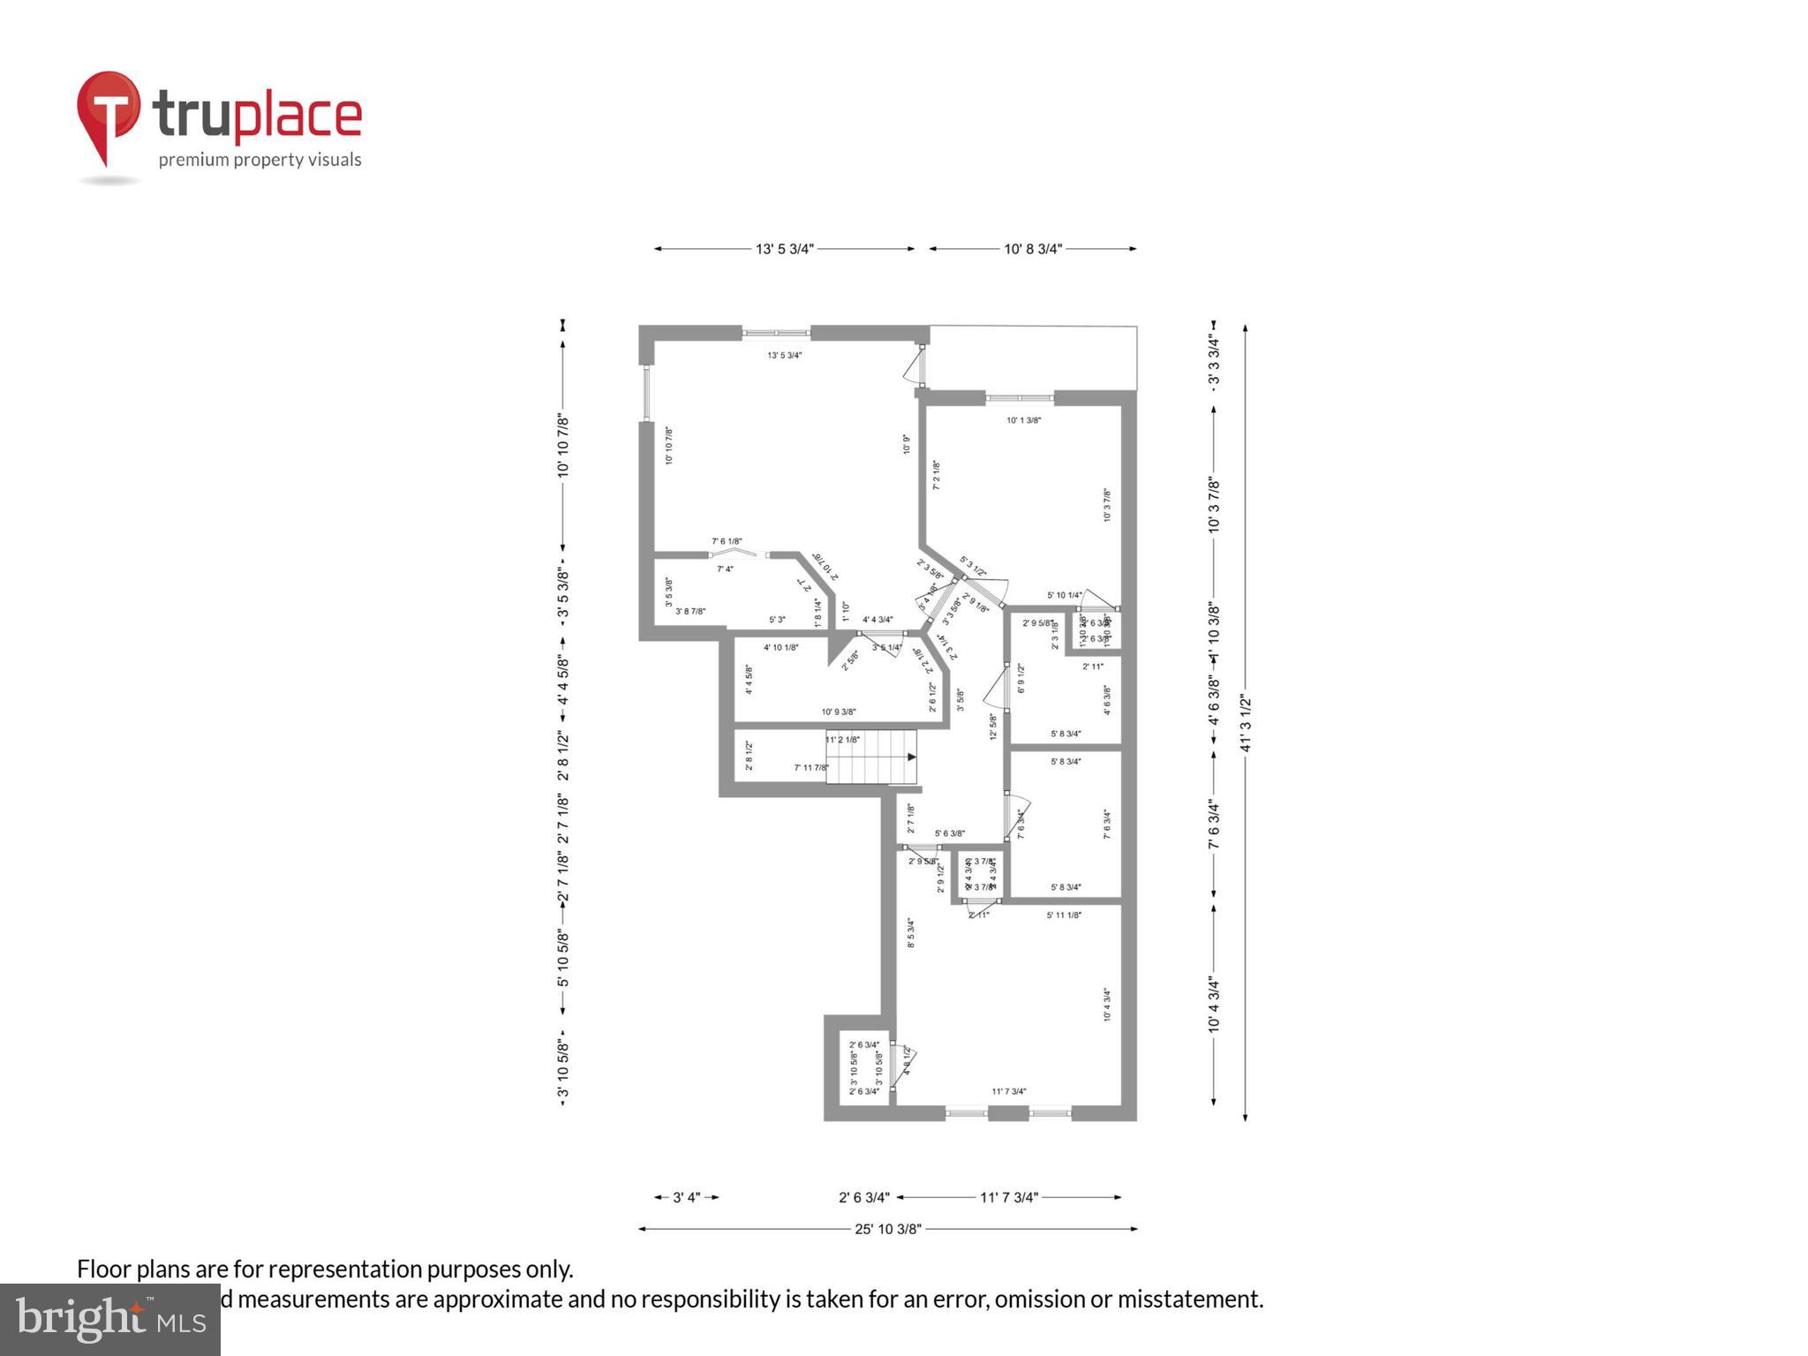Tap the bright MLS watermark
110,1319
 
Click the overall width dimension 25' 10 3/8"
887,1229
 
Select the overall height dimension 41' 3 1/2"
1246,723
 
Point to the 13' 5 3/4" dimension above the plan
784,249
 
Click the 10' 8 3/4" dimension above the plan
1032,249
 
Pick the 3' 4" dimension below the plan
687,1198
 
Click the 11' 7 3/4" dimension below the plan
1009,1198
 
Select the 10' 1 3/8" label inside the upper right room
1023,420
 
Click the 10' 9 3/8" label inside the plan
838,712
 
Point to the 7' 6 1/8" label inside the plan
727,541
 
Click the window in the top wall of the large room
775,334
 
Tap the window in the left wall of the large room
646,394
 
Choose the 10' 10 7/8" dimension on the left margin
563,446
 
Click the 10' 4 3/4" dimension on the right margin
1214,1005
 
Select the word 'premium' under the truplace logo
193,160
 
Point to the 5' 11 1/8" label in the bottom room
1064,915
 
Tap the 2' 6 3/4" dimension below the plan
863,1198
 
